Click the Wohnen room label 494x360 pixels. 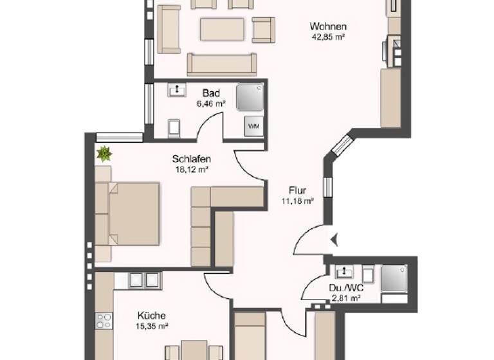328,26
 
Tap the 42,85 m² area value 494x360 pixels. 328,37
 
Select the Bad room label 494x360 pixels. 211,93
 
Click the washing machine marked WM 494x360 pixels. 253,126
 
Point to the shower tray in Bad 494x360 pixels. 250,97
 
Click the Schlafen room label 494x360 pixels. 192,159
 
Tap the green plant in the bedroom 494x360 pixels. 104,154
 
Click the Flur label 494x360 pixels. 297,190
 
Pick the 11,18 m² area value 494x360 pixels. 297,201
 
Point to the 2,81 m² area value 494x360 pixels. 346,298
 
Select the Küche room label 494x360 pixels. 152,316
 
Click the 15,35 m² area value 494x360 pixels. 152,326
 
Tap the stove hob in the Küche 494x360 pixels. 104,320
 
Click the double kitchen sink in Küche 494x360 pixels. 144,280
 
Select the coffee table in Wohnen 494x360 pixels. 222,29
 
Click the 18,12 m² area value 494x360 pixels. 192,170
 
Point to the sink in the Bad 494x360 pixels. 176,90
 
